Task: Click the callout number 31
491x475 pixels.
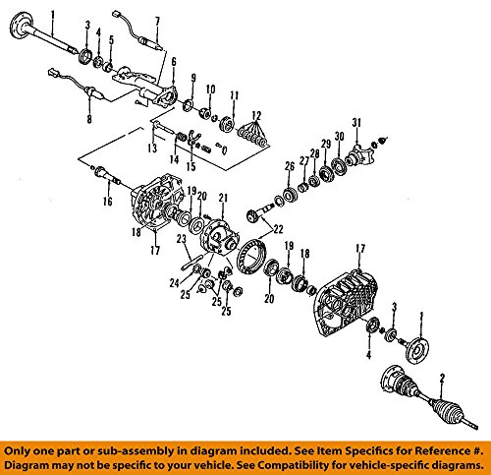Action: tap(356, 123)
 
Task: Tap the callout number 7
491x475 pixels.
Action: tap(157, 22)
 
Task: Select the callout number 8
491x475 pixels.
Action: tap(89, 118)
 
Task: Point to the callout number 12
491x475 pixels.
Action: tap(256, 116)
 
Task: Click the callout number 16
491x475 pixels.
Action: tap(108, 201)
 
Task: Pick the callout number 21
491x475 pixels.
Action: tap(223, 198)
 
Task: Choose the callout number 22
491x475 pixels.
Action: tap(278, 229)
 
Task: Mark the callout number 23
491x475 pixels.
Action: tap(181, 239)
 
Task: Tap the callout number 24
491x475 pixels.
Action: tap(175, 282)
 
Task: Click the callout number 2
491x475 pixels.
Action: tap(442, 379)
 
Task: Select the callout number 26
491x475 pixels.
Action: tap(290, 166)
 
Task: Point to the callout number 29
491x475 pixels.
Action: tap(326, 144)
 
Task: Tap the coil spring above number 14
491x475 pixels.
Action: tap(182, 137)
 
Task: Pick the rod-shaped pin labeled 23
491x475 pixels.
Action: tap(190, 263)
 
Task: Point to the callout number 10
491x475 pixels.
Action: tap(210, 89)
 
